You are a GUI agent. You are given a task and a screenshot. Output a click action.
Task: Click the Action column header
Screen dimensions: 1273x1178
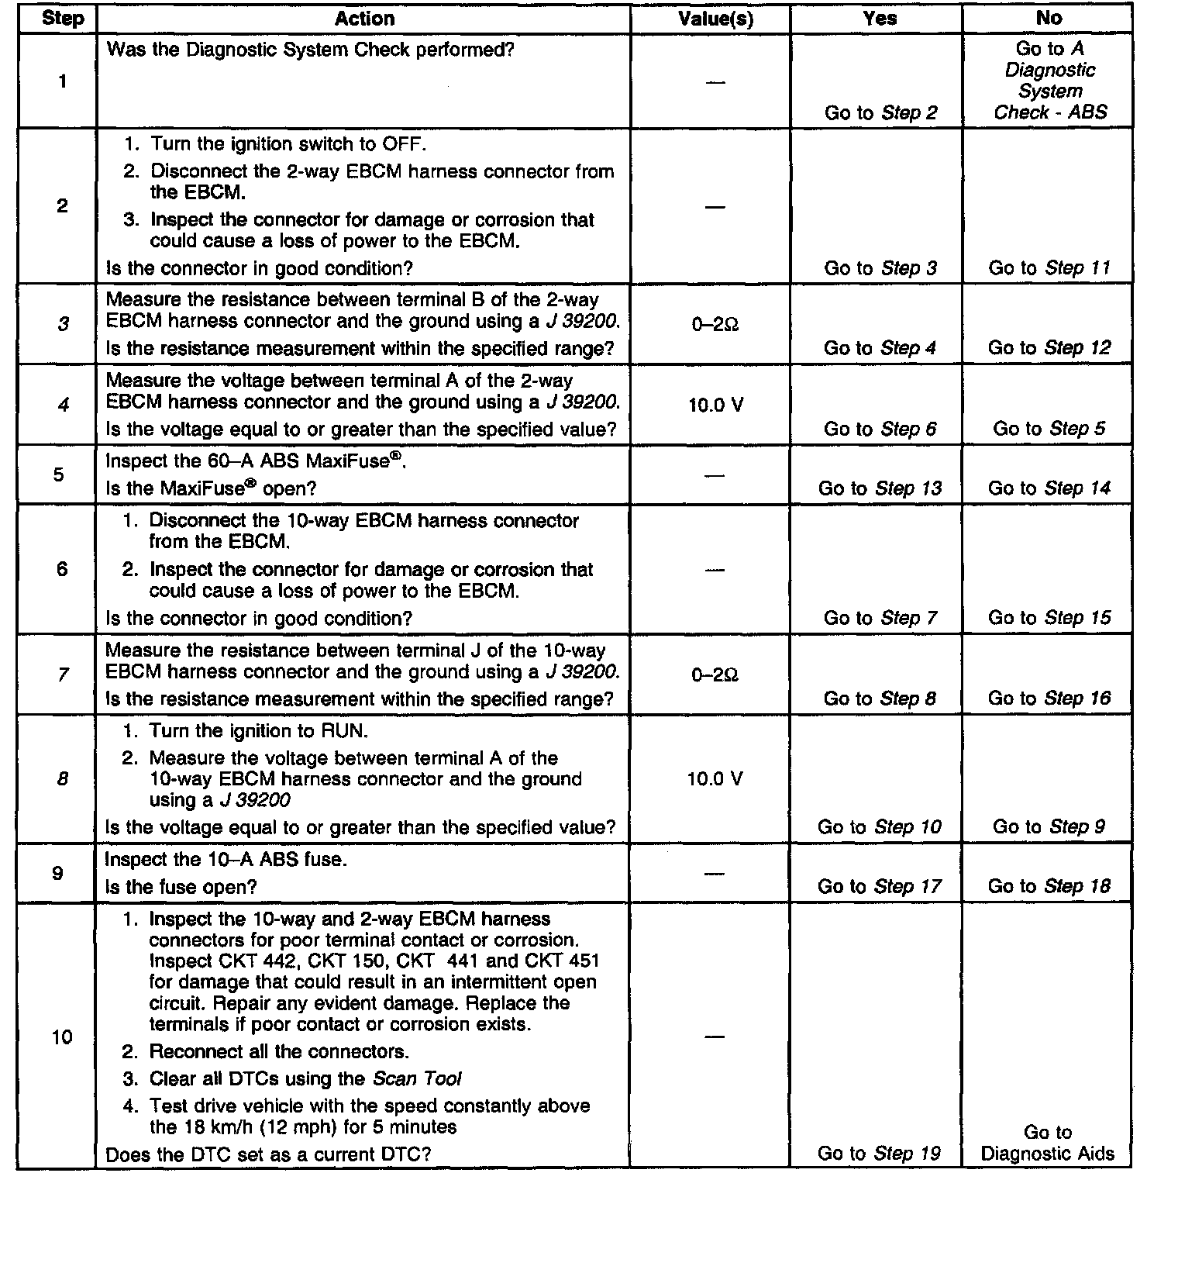[364, 19]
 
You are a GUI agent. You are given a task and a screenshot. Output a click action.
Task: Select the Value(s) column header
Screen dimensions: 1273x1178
[715, 19]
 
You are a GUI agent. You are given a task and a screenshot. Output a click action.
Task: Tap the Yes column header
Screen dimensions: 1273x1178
[880, 19]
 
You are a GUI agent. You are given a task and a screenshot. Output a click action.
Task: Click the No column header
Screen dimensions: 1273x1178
[1049, 19]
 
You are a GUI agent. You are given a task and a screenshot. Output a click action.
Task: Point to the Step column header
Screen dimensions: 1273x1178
[62, 19]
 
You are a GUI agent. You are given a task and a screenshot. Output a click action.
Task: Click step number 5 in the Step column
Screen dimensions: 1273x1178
[59, 474]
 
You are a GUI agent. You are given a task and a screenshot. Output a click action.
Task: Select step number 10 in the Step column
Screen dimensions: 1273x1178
[61, 1037]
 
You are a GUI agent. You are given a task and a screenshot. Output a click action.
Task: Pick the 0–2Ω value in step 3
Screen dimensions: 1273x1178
[715, 326]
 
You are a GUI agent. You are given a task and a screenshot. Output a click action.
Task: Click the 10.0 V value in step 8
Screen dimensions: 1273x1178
[715, 778]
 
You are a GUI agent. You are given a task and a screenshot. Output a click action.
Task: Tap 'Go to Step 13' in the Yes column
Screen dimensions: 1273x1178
[880, 488]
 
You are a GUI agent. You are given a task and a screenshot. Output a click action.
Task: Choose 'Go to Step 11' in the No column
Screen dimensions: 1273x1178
[1049, 268]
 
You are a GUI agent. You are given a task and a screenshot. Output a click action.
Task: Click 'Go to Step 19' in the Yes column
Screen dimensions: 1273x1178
[879, 1154]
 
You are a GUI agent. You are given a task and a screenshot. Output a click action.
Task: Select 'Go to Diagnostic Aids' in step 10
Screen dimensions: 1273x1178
[1047, 1144]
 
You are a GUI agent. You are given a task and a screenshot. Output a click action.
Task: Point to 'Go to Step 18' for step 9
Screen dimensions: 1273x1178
[1049, 886]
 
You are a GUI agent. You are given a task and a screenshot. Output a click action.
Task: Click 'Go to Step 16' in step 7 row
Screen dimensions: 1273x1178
[1049, 699]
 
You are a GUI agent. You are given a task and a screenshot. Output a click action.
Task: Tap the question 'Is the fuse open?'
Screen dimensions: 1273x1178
[181, 887]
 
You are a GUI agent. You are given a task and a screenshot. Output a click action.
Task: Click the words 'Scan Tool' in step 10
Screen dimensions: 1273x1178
[417, 1078]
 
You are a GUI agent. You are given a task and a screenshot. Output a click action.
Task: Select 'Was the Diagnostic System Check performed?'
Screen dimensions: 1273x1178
[310, 50]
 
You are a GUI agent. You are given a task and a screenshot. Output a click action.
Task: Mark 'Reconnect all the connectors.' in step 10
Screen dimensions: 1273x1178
[279, 1052]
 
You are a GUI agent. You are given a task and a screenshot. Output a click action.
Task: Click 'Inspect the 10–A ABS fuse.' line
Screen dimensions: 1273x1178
[226, 860]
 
